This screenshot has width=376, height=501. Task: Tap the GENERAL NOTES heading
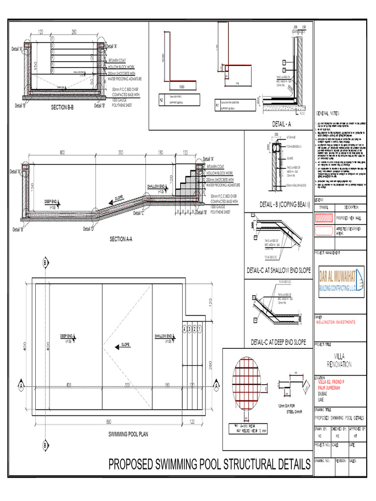[x=328, y=113]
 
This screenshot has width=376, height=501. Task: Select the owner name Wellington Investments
[x=335, y=321]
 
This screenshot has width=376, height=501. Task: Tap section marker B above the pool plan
[x=46, y=263]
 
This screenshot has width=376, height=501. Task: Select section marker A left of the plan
[x=21, y=386]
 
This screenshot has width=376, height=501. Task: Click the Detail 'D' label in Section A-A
[x=88, y=229]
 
